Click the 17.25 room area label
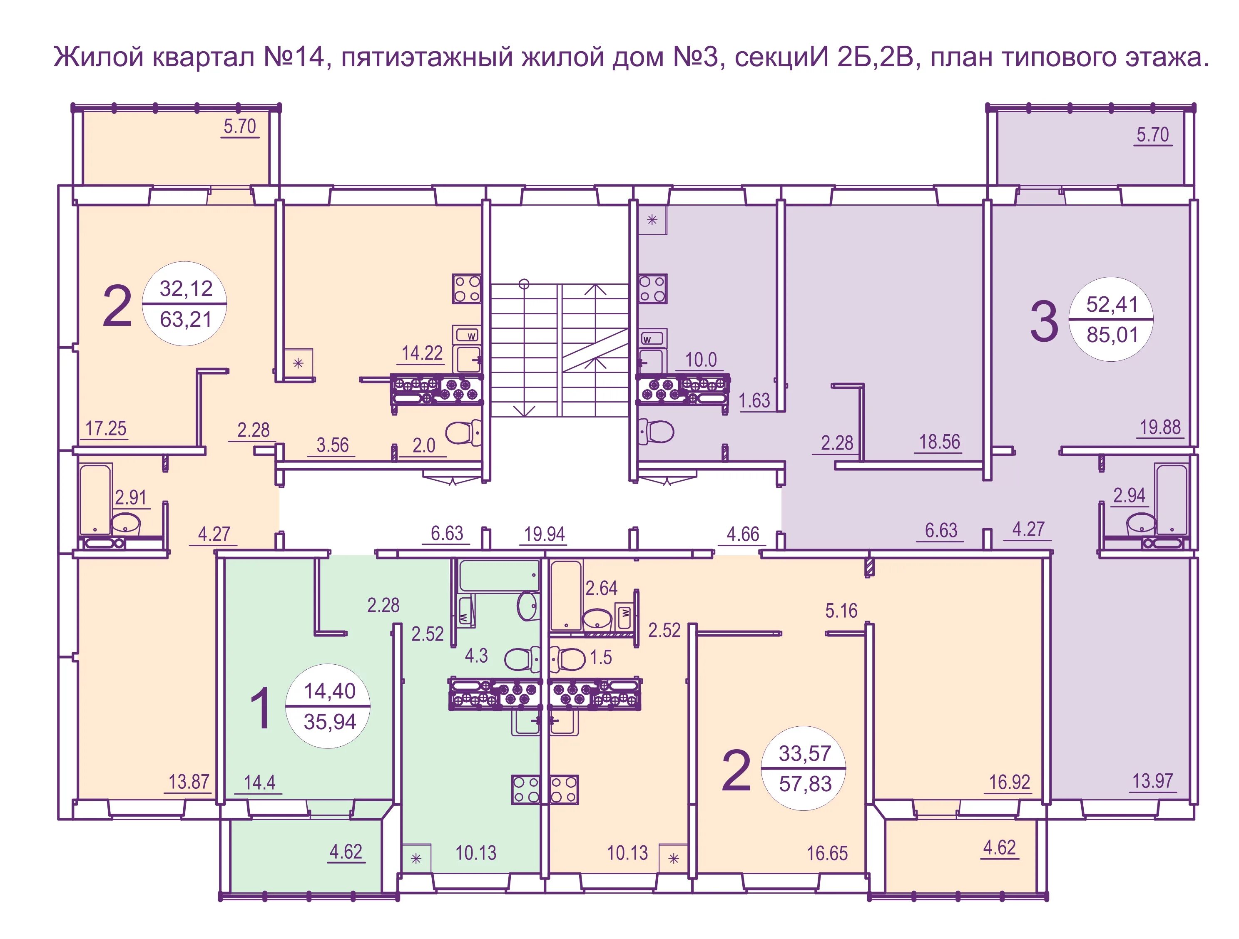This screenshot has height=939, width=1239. pos(106,428)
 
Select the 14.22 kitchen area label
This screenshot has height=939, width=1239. pos(422,353)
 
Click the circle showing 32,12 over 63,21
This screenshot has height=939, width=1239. pos(185,303)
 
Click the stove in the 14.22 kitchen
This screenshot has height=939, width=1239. pos(467,289)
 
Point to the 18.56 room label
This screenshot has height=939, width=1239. pos(939,442)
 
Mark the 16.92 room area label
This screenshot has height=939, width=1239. pos(1009,782)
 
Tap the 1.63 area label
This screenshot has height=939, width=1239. pos(754,400)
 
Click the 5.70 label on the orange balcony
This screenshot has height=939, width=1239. pos(240,127)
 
